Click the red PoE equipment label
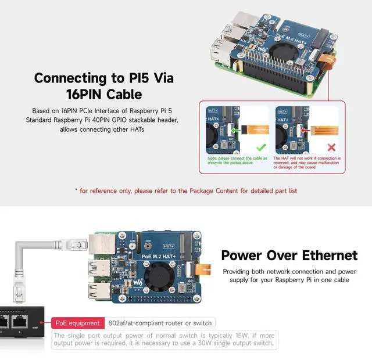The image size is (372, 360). [77, 323]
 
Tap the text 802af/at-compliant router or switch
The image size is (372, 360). [159, 323]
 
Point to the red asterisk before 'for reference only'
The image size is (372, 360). [76, 190]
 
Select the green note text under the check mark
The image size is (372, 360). [237, 160]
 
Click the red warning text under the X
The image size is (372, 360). [307, 163]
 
